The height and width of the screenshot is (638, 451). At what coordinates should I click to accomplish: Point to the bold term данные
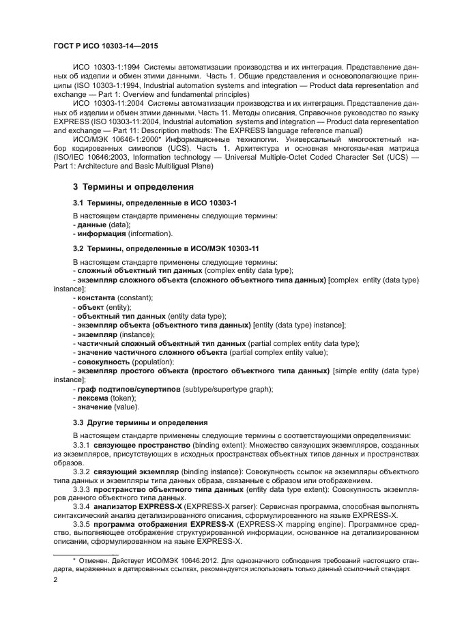[x=91, y=224]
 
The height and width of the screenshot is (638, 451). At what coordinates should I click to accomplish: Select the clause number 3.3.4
[x=82, y=507]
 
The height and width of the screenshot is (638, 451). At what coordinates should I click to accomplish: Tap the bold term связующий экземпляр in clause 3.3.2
[x=136, y=472]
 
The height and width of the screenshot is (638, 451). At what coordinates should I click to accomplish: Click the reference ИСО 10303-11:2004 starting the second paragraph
[x=106, y=111]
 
